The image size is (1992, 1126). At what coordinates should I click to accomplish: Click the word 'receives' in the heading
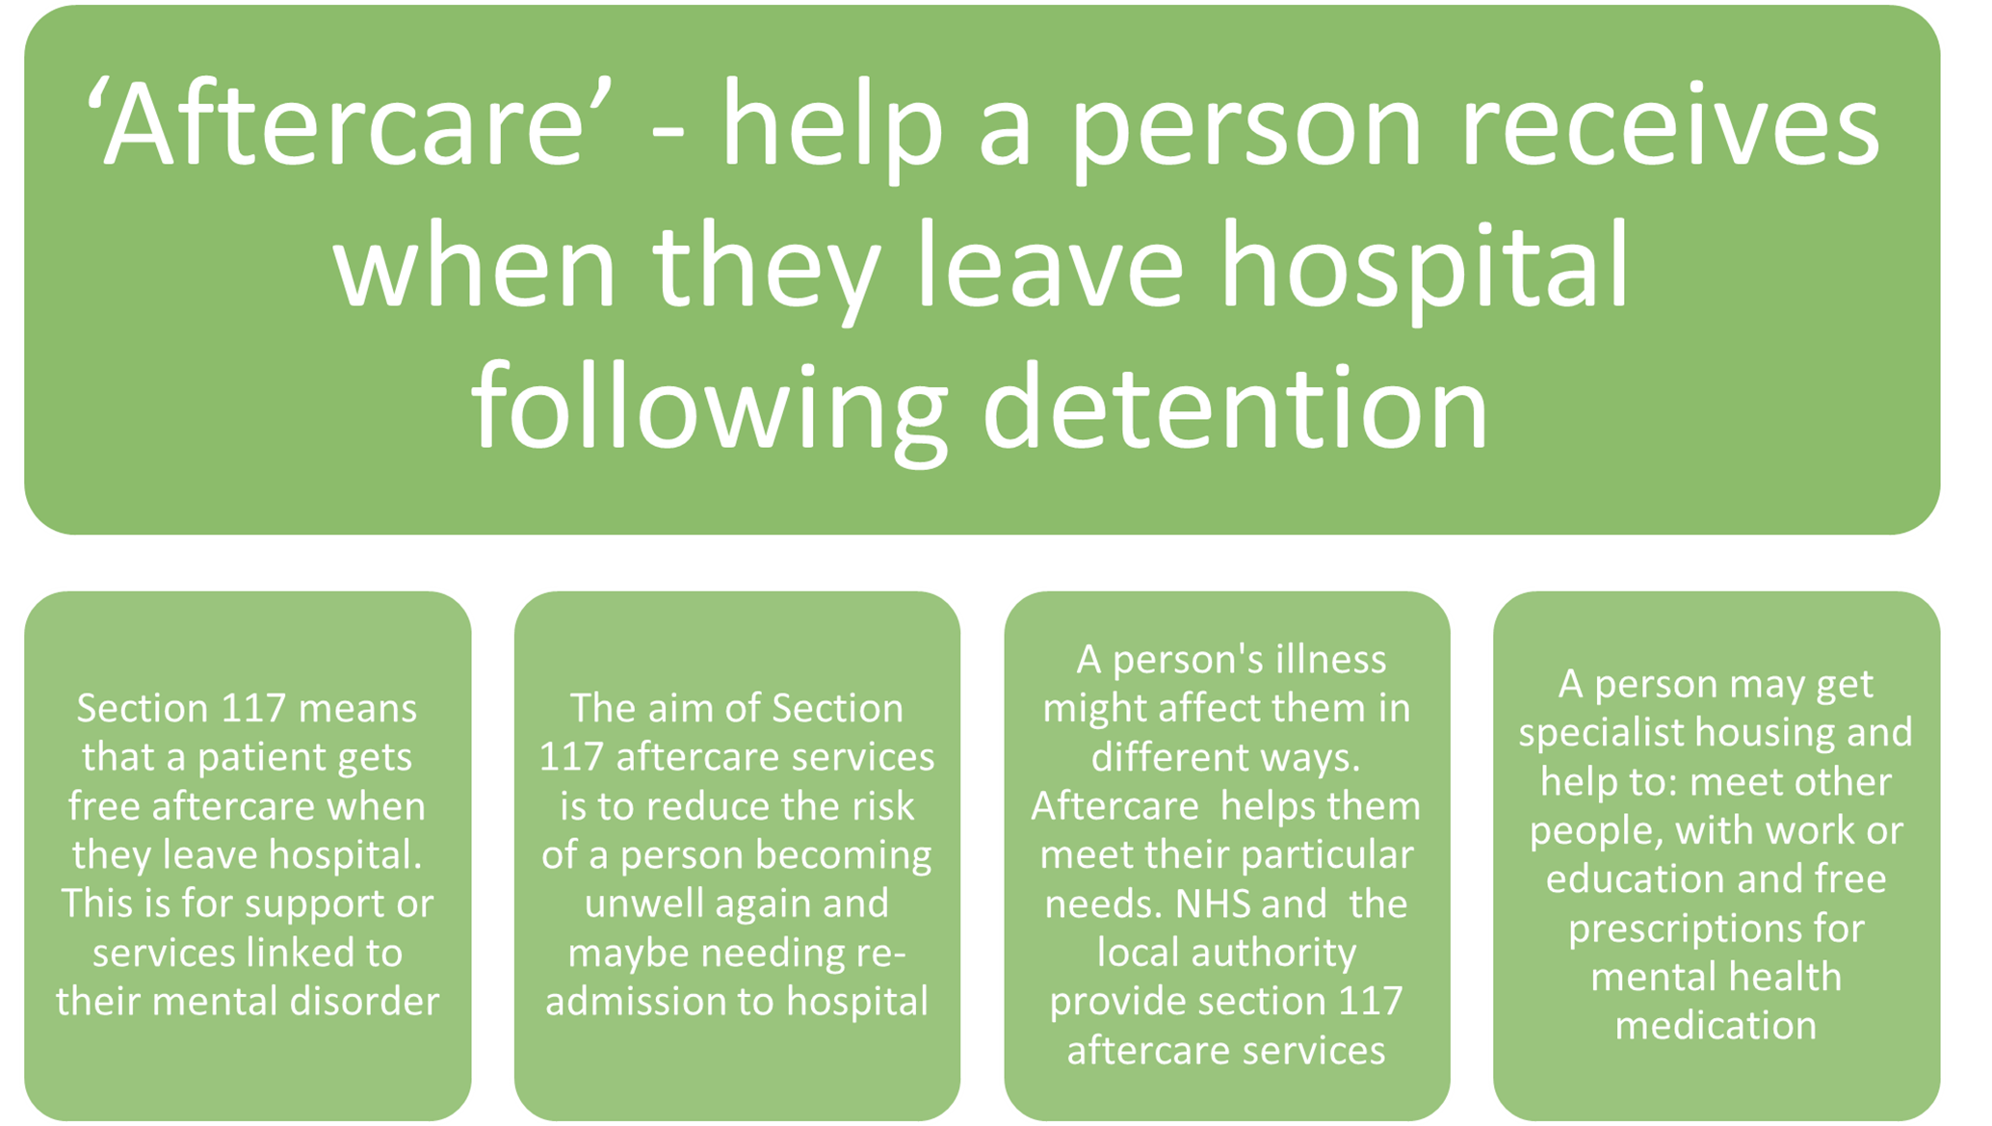[x=1669, y=125]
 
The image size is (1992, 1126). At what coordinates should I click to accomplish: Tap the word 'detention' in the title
[x=1236, y=406]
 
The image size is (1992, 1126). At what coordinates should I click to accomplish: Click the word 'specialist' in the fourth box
[x=1601, y=734]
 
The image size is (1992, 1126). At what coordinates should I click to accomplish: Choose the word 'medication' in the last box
[x=1716, y=1025]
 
